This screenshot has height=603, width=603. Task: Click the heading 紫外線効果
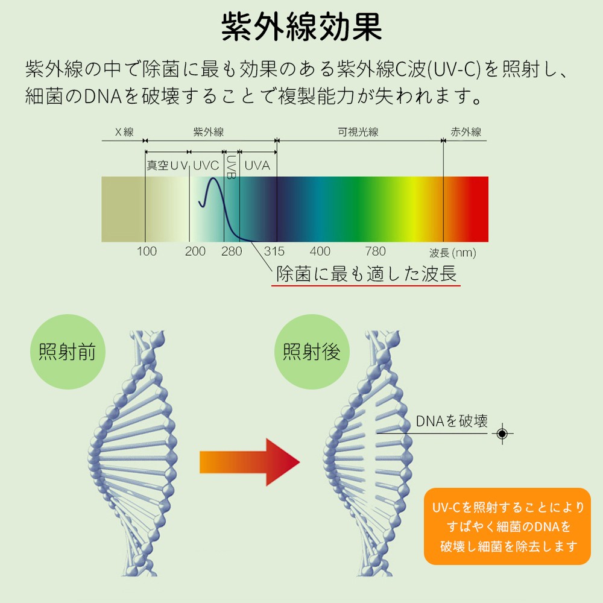pos(301,27)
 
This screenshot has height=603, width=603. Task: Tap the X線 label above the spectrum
pos(124,132)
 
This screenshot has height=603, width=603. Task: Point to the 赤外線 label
pos(466,132)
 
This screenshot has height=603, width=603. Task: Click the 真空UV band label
pos(168,165)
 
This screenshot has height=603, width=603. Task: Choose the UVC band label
pos(206,165)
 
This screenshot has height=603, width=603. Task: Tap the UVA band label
pos(257,165)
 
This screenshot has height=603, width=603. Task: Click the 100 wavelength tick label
pos(147,251)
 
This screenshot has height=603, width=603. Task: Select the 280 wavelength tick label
pos(232,251)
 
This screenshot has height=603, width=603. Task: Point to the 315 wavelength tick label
pos(274,251)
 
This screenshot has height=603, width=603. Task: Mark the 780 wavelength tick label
pos(375,251)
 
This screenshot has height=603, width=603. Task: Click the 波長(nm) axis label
pos(452,253)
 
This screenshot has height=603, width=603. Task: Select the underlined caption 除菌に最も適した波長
pos(366,274)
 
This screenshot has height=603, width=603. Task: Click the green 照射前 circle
pos(67,352)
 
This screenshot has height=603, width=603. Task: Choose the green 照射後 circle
pos(312,352)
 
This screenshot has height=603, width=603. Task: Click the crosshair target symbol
pos(502,433)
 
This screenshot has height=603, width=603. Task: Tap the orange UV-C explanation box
pos(507,526)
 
